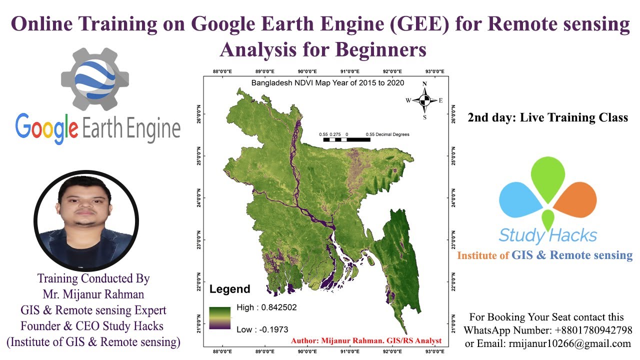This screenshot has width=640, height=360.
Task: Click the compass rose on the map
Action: point(424,100)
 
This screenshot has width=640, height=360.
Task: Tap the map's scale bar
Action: point(346,139)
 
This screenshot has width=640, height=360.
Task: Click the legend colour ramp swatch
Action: point(220,318)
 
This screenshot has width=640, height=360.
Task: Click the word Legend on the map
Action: point(229,289)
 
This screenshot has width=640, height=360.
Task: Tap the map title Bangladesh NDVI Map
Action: point(327,83)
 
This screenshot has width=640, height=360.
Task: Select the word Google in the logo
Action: point(46,128)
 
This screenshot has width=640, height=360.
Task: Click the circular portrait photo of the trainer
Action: point(86,220)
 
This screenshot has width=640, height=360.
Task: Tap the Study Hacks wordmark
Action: point(548,235)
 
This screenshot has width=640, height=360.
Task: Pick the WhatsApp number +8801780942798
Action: point(593,330)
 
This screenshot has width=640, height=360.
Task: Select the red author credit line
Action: point(366,340)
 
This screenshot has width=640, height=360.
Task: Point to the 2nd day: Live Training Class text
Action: point(548,118)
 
